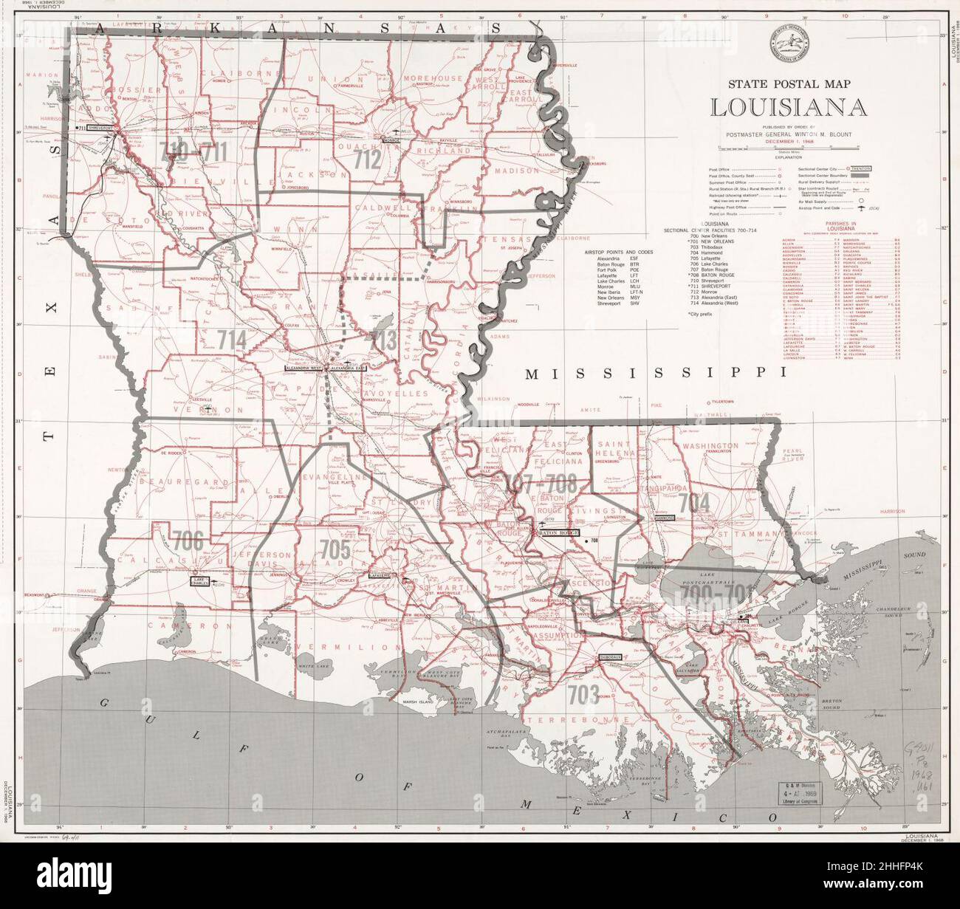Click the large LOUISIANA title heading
789,106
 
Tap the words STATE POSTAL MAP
789,83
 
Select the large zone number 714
231,338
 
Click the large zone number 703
583,694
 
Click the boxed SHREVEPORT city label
102,128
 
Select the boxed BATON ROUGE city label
559,531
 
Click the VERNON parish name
188,408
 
